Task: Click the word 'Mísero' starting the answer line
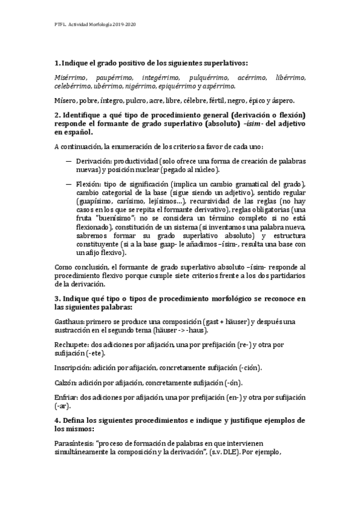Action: [66, 100]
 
